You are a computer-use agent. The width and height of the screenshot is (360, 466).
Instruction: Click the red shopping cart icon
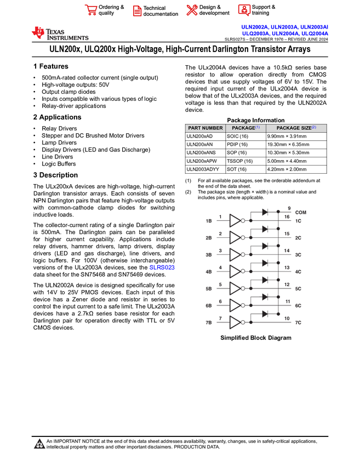90,10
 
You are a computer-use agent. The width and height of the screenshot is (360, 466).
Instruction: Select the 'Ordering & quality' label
111,10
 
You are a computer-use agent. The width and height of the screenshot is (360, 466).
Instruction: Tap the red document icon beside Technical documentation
137,10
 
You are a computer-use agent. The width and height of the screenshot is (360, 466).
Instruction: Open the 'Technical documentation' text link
161,11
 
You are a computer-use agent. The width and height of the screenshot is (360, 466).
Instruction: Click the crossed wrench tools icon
192,10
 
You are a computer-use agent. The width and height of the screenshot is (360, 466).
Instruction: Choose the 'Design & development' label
214,10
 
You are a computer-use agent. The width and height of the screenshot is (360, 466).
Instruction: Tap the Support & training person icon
244,10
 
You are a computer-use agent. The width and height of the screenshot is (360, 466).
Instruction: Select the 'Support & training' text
264,10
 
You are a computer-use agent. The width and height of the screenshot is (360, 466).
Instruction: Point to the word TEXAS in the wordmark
56,32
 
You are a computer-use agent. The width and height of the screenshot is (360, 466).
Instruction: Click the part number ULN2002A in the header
255,27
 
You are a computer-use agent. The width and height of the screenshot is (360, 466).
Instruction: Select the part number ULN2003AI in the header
314,27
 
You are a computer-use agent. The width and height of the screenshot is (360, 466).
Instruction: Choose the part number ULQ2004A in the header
315,33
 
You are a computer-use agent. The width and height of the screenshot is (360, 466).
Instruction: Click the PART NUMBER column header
205,128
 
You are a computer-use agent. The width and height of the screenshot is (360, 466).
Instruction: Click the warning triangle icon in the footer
39,444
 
